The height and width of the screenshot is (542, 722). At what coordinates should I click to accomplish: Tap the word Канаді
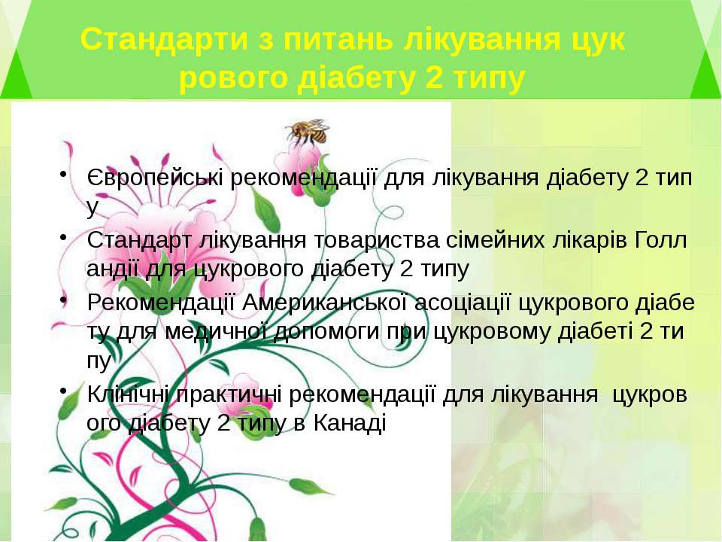tap(350, 422)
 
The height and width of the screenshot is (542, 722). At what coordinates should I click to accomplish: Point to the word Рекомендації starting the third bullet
tap(161, 303)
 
